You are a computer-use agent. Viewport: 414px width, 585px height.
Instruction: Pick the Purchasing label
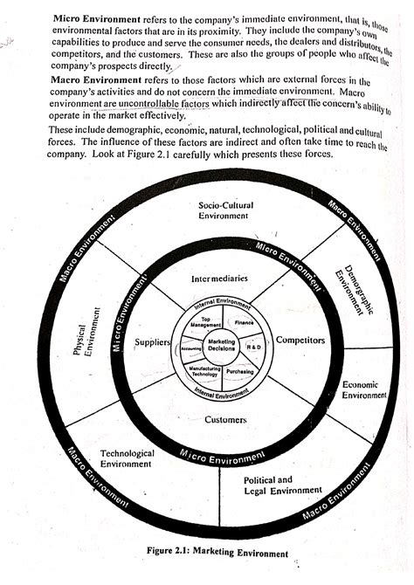coord(239,371)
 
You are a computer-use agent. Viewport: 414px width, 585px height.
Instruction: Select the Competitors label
coord(300,339)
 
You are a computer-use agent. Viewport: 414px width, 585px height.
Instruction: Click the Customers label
coord(224,420)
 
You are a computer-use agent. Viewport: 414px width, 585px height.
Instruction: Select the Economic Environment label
coord(363,389)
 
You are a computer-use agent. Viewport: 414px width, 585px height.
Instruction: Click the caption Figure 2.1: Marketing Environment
coord(225,552)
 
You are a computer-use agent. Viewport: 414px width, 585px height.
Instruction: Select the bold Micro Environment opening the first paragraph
coord(93,18)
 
